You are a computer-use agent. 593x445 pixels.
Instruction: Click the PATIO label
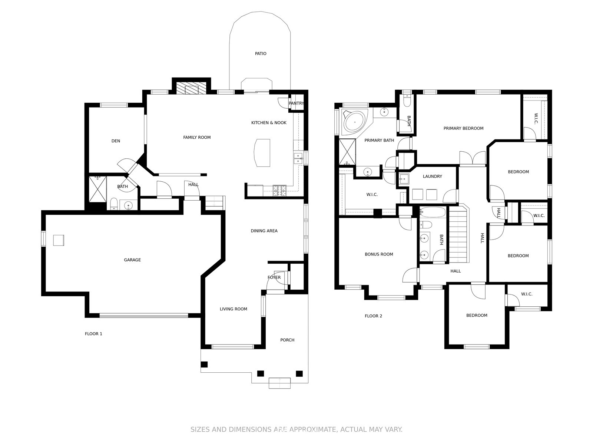[261, 53]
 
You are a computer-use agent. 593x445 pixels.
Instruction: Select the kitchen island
[262, 153]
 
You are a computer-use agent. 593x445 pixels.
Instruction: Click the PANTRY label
[296, 103]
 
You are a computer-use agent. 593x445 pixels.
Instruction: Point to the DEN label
[116, 141]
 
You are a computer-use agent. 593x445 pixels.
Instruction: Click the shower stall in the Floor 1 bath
[97, 189]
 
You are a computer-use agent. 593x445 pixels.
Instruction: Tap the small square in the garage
[58, 240]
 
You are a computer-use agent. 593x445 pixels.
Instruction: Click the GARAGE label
[132, 260]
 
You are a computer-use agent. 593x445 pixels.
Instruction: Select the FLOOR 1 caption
[93, 334]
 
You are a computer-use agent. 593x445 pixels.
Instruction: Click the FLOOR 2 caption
[373, 316]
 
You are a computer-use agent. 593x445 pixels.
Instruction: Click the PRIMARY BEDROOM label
[463, 128]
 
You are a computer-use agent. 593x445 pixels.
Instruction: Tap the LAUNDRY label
[432, 177]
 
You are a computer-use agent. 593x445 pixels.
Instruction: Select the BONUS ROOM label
[379, 254]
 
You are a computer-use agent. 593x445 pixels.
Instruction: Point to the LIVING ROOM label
[233, 309]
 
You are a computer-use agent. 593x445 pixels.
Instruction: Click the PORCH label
[287, 340]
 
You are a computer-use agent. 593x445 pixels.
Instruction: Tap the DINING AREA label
[264, 231]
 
